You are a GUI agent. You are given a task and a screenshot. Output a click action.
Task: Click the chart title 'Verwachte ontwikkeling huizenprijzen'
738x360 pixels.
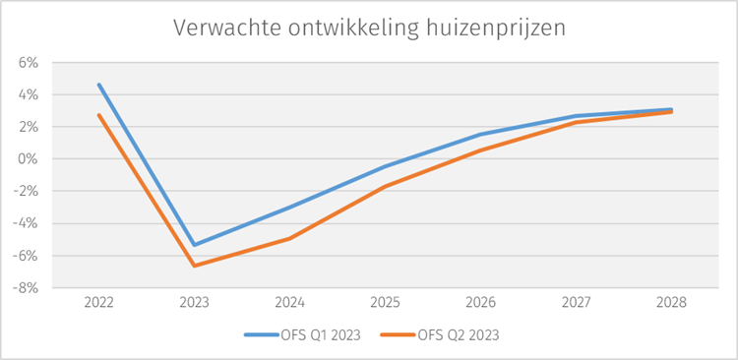tap(369, 28)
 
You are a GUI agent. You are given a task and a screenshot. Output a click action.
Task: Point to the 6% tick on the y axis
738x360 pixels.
tap(27, 63)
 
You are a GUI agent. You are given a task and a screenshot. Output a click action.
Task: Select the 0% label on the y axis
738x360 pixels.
tap(27, 159)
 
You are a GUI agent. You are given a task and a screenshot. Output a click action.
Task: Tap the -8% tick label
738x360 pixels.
tap(25, 288)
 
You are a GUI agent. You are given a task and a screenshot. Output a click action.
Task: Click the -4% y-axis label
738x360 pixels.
tap(25, 224)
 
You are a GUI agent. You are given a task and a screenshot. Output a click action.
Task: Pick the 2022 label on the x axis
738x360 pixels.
tap(98, 303)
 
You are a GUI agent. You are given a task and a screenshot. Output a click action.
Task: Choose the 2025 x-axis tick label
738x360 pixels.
tap(385, 303)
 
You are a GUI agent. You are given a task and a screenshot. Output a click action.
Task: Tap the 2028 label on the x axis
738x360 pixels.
tap(671, 303)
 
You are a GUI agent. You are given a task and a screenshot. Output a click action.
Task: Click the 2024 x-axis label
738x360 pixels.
tap(289, 303)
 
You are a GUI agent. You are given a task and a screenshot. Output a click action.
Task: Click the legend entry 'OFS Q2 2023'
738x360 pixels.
tap(459, 334)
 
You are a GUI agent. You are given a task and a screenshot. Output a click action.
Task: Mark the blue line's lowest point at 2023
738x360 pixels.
tap(194, 245)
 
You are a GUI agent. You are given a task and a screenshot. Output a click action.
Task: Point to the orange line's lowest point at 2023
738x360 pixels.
tap(194, 266)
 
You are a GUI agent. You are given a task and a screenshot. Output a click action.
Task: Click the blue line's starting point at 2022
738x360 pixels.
tap(98, 85)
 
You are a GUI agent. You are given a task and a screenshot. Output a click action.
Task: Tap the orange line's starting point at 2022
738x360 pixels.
tap(98, 115)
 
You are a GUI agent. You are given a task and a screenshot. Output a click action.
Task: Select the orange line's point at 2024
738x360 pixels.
tap(289, 238)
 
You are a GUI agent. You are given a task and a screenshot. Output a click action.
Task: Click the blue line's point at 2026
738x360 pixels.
tap(480, 135)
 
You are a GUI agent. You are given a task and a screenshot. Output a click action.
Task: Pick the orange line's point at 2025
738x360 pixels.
tap(385, 186)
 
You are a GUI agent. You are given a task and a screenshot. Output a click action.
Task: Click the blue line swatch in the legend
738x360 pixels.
tap(259, 334)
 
